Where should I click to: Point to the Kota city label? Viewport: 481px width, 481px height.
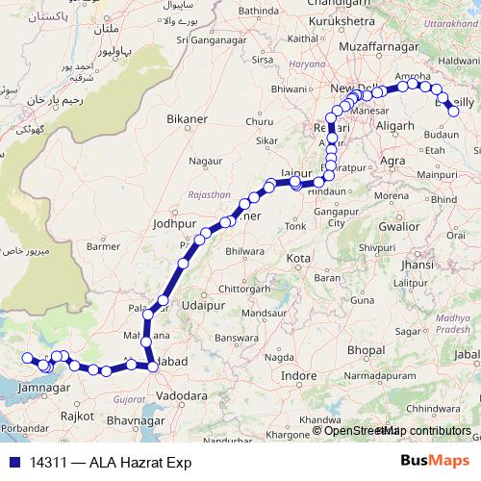tap(298, 259)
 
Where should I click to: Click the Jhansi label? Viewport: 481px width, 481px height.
tap(417, 264)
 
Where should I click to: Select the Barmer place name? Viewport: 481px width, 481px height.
tap(102, 245)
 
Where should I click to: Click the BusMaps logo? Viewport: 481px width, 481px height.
tap(435, 462)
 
